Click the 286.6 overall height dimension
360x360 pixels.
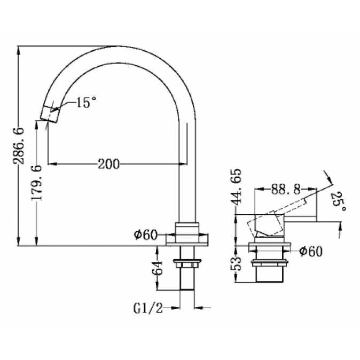coord(19,146)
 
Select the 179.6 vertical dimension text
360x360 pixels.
coord(37,182)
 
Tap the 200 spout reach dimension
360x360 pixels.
coord(109,164)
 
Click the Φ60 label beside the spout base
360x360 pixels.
coord(146,234)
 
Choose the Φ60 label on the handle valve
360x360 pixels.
coord(311,251)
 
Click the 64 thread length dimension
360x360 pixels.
coord(157,268)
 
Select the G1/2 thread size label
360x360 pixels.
coord(148,308)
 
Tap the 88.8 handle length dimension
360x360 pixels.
coord(286,189)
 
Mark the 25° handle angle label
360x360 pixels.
coord(339,201)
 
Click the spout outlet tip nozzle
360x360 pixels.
coord(50,114)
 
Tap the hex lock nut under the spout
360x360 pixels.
coord(187,263)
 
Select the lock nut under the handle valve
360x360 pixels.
coord(269,263)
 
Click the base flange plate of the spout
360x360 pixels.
coord(187,240)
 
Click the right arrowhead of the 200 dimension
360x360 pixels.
coord(183,164)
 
